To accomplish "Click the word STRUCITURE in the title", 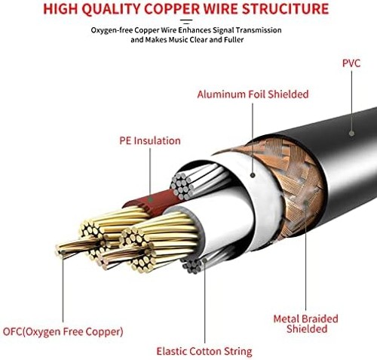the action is (x=286, y=9).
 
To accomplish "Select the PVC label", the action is (x=351, y=63).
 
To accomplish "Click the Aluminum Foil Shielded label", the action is (x=253, y=94).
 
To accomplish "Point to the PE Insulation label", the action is (x=150, y=140).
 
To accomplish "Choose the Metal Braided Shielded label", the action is (x=306, y=324).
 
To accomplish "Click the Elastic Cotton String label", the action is (x=204, y=351).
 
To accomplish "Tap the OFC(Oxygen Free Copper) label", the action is (x=63, y=331).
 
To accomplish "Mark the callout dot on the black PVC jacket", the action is (x=351, y=134).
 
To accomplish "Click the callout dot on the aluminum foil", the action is (x=253, y=175).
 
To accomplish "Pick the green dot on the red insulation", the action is (x=151, y=200).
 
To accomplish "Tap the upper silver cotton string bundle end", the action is (x=182, y=186).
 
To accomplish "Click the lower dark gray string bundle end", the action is (x=193, y=266).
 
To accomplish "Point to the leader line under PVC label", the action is (x=351, y=100).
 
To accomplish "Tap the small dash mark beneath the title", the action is (x=186, y=22).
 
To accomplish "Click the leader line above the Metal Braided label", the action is (x=305, y=257).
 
